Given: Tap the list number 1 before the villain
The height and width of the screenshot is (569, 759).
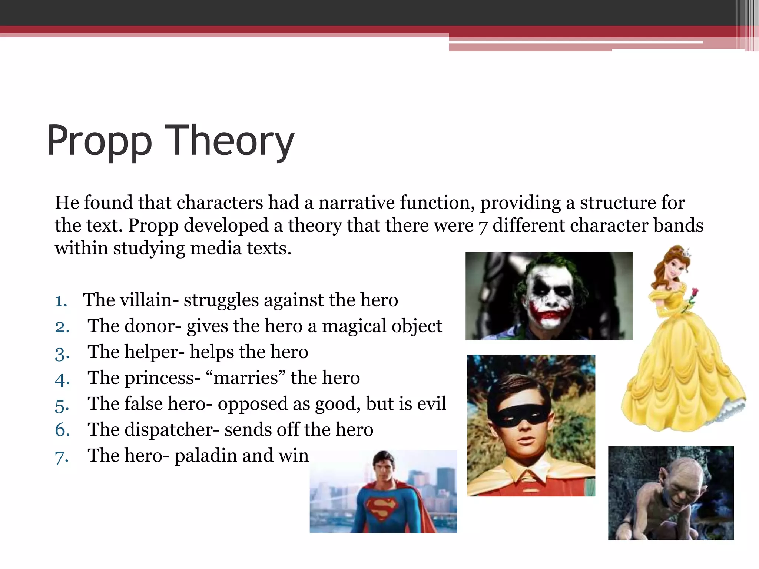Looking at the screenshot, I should click(61, 301).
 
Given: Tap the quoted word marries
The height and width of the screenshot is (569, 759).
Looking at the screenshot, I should click(246, 378).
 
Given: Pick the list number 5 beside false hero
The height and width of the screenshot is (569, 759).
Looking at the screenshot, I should click(62, 405).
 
